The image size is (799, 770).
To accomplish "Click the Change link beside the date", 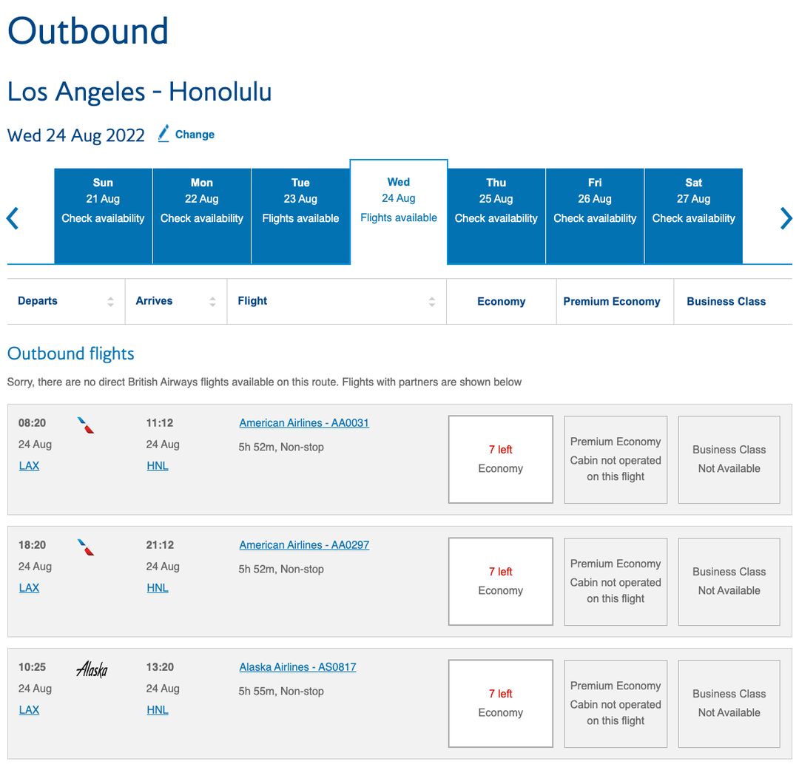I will (x=194, y=135).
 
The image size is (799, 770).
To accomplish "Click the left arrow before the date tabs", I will (x=13, y=218).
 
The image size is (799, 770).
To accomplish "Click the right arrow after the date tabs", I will (x=786, y=218).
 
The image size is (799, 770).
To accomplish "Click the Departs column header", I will (x=38, y=301).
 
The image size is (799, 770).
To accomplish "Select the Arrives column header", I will (x=155, y=301).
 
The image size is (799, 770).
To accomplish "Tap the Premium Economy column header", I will (x=612, y=302).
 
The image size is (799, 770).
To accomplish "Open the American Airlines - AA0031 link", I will (x=304, y=423).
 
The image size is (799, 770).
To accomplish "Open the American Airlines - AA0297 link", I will (x=304, y=545).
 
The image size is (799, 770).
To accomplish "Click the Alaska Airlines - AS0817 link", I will (x=297, y=667).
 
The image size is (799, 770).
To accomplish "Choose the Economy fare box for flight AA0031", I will (x=501, y=459).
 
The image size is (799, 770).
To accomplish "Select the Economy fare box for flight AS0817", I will (x=501, y=703).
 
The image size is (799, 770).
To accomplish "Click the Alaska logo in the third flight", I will (x=92, y=670).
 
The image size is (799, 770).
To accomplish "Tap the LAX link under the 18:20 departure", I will (x=29, y=588).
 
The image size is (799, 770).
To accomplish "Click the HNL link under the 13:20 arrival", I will (x=158, y=710).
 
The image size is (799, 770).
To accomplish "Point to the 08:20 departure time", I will (x=33, y=423).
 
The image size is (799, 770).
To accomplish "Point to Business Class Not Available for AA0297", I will (x=729, y=581).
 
